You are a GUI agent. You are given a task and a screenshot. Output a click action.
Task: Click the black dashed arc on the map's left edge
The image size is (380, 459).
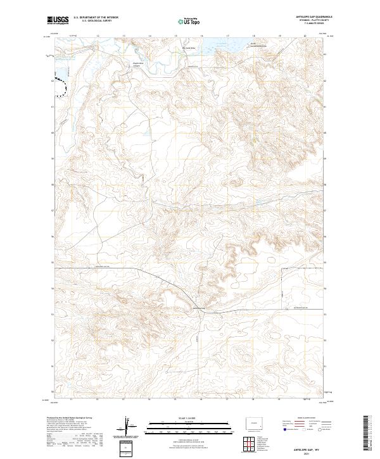click(x=60, y=86)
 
